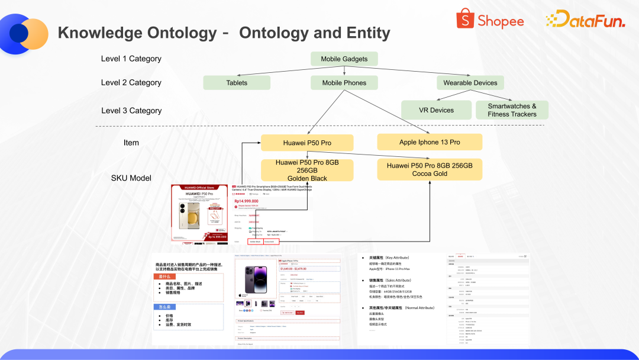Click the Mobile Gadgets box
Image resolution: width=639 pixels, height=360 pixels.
coord(344,59)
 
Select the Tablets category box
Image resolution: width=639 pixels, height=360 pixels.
coord(237,83)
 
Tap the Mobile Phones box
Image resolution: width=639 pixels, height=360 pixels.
coord(344,83)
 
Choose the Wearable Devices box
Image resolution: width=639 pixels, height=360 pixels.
coord(470,83)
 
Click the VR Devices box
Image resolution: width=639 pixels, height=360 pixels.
coord(437,110)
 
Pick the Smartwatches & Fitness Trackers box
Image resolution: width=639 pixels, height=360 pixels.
coord(512,110)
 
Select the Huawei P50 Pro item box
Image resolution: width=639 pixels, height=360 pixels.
coord(307,143)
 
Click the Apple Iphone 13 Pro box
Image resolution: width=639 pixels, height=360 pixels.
coord(430,142)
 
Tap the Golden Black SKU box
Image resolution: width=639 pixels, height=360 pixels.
coord(307,171)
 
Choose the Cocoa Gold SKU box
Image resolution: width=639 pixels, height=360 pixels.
coord(430,169)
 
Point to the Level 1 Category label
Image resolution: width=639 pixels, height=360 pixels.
coord(131,59)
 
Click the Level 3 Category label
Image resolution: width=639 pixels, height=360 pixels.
coord(131,111)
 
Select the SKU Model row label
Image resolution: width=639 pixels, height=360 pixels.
coord(131,178)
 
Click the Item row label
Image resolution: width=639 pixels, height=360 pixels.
coord(131,143)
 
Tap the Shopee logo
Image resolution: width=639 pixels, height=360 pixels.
coord(490,20)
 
